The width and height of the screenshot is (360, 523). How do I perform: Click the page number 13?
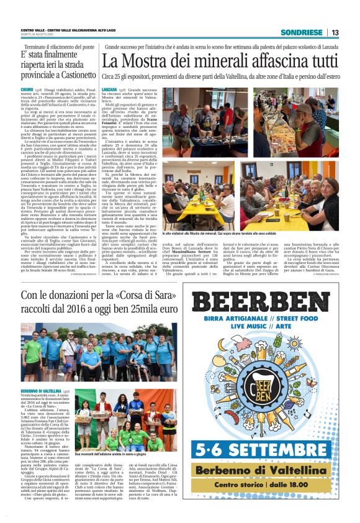tap(335, 32)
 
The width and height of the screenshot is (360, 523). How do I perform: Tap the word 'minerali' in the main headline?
tap(209, 61)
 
